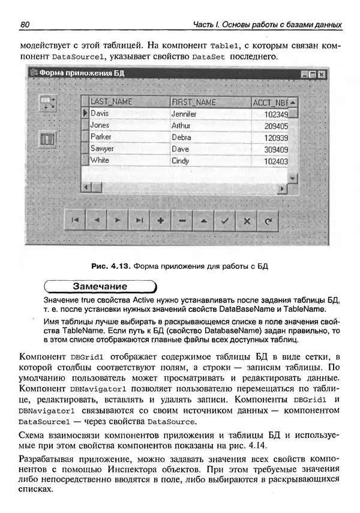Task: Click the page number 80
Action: point(25,25)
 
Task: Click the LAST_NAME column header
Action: point(111,102)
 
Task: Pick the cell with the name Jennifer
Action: point(184,113)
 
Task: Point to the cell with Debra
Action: point(181,137)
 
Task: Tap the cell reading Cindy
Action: point(180,161)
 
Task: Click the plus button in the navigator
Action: point(160,221)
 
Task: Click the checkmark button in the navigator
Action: point(224,221)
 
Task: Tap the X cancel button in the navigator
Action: point(246,221)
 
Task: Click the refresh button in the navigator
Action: point(268,221)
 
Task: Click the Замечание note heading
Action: point(100,286)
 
